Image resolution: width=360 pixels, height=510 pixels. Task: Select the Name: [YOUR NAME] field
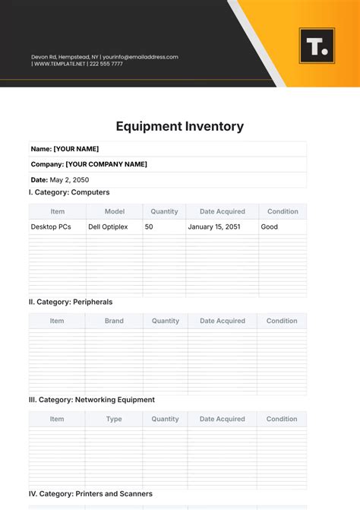coord(65,149)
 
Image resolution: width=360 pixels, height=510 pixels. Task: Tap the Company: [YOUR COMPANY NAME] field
coord(89,164)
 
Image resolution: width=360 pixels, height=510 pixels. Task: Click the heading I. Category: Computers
coord(69,192)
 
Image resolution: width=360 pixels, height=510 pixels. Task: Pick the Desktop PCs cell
coord(51,226)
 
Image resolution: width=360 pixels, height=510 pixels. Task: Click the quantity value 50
coord(149,226)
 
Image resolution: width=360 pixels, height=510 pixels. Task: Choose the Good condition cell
coord(270,226)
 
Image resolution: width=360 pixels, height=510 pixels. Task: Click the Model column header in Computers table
coord(115,211)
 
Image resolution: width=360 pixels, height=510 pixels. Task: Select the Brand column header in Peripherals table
coord(114,321)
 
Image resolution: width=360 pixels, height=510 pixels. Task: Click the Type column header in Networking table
coord(114,419)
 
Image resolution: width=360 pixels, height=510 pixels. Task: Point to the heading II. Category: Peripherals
coord(71,302)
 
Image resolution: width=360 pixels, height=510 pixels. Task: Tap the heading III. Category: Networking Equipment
coord(92,400)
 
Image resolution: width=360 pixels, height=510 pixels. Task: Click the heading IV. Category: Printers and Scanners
coord(90,494)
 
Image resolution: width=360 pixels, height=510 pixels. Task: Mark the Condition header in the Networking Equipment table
coord(282,419)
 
